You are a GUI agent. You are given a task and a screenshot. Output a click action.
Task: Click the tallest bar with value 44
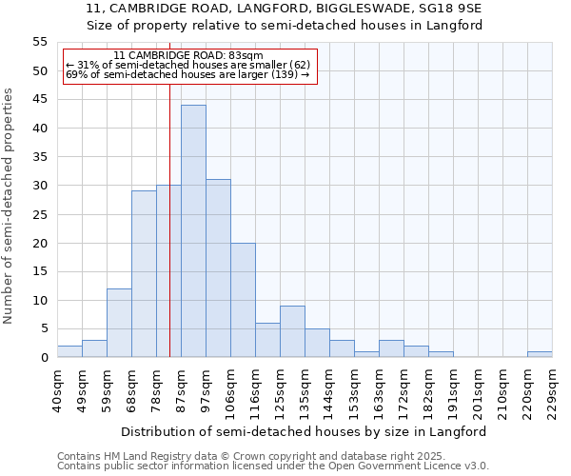click(x=193, y=231)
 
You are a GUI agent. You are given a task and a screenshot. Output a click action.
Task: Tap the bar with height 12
click(x=119, y=323)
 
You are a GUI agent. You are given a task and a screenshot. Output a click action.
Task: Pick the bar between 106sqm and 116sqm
click(x=243, y=300)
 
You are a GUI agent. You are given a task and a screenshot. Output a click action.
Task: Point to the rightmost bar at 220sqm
click(x=540, y=354)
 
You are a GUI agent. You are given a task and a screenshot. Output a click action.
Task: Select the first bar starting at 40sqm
click(x=69, y=351)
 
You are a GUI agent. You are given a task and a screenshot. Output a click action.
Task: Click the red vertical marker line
click(x=169, y=219)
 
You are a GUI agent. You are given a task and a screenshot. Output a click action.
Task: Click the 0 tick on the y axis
click(x=44, y=358)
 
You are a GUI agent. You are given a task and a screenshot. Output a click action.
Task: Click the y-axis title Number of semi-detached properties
click(x=9, y=206)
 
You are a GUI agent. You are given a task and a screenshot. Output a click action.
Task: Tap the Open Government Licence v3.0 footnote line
click(x=273, y=466)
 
